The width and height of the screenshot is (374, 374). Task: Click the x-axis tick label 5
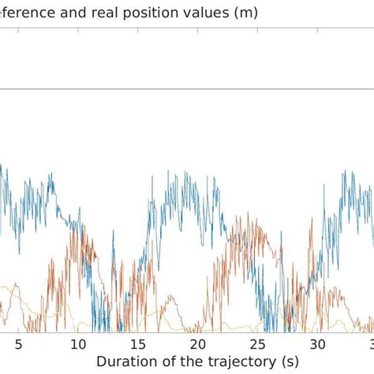[x=18, y=344]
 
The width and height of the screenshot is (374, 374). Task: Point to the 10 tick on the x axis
[x=78, y=344]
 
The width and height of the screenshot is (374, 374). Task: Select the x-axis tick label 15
[x=138, y=344]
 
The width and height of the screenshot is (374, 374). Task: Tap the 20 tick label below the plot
[x=198, y=344]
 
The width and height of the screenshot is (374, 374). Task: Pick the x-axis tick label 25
[x=258, y=344]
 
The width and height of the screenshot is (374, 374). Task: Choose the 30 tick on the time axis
[x=317, y=344]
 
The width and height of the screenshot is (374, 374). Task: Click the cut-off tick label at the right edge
[x=370, y=344]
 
